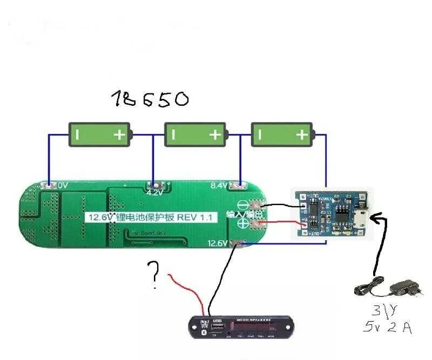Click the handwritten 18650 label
151,98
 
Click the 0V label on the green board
63,185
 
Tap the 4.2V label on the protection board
154,192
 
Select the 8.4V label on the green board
218,185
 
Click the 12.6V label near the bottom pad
218,243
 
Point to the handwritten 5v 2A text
387,327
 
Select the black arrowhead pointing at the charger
380,217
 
